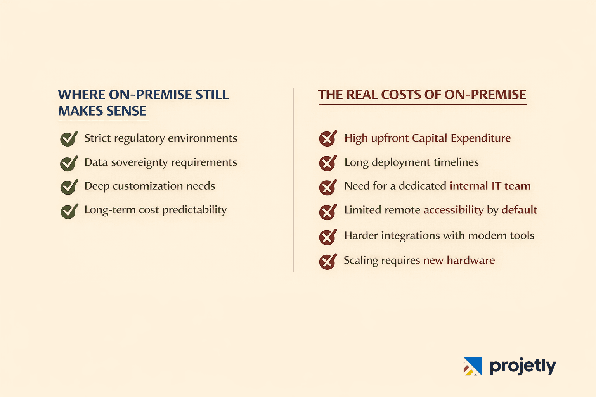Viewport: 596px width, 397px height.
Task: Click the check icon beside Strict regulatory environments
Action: point(69,139)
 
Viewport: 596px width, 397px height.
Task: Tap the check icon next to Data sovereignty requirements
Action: point(69,163)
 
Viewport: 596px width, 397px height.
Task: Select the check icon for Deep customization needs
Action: point(69,187)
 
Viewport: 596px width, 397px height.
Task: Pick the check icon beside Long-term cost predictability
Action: point(69,211)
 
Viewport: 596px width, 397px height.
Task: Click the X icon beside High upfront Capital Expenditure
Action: point(327,138)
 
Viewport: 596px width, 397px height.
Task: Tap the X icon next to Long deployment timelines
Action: point(327,163)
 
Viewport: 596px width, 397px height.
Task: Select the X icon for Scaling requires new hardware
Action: point(327,261)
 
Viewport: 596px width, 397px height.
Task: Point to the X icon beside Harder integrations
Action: point(327,237)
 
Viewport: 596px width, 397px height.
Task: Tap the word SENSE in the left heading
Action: point(126,111)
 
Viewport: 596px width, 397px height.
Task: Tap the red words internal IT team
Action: point(490,186)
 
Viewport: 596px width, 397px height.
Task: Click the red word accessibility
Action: point(453,210)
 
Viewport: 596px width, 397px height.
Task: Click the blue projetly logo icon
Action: point(473,366)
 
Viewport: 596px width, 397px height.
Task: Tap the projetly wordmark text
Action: point(522,366)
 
